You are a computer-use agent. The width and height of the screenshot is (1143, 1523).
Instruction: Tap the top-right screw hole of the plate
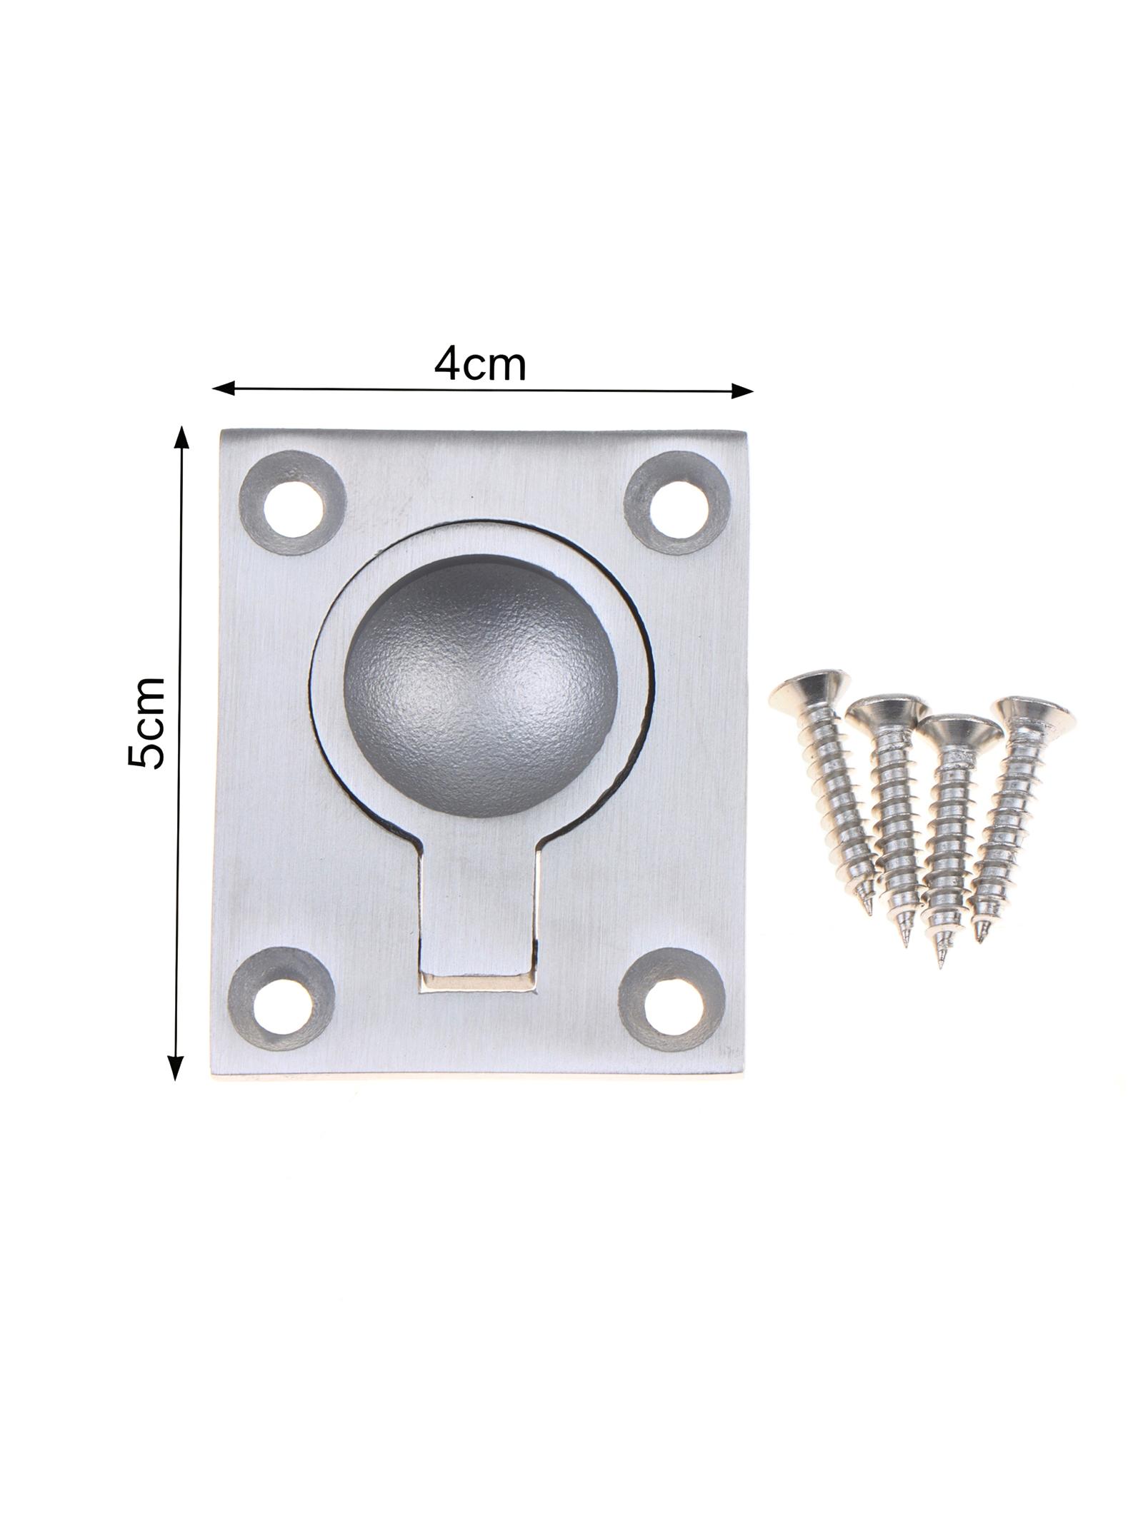click(x=679, y=506)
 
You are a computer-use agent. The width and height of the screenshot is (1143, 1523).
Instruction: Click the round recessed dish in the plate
click(x=480, y=684)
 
